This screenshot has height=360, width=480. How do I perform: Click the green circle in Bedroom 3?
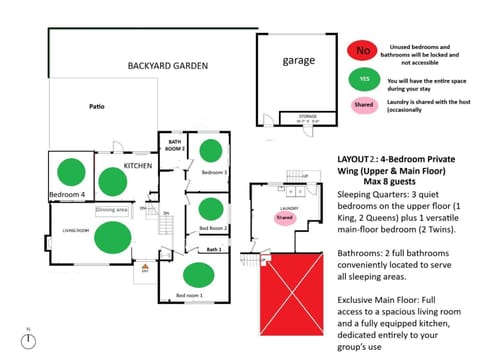[x=212, y=153]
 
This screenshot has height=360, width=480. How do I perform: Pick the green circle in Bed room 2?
[x=211, y=210]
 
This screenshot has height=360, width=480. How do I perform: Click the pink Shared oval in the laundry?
[x=285, y=217]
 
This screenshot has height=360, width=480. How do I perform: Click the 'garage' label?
[x=298, y=60]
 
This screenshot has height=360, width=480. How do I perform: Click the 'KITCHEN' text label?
[x=137, y=164]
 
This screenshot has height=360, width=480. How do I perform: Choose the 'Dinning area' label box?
[x=112, y=210]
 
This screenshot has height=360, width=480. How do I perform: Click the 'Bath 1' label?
[x=212, y=249]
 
